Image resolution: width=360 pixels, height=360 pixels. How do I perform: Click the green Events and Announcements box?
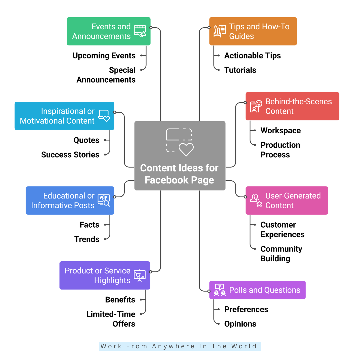108,31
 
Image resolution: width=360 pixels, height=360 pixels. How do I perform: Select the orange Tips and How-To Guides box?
253,31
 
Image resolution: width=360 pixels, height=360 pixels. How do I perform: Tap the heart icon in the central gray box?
186,150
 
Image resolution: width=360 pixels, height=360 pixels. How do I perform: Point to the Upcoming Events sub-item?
104,56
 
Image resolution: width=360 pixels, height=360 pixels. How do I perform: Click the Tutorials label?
240,70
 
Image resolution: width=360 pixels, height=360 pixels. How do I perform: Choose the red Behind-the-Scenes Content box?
292,106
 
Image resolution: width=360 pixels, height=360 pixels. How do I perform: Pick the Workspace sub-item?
281,131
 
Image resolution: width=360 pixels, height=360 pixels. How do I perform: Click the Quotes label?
86,140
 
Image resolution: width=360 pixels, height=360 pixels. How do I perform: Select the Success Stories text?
70,155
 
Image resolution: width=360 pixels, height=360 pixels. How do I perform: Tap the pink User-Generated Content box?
287,200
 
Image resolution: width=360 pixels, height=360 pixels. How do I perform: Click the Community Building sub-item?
281,254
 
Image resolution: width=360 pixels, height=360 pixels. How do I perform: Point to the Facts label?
89,225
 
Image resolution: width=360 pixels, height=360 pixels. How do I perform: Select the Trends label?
87,239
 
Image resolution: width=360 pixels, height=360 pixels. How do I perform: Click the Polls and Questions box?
257,290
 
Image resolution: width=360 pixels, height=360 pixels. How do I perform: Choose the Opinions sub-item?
240,324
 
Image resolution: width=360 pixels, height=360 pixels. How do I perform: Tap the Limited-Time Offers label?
111,319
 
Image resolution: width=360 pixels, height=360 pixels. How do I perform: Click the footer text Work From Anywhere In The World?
180,346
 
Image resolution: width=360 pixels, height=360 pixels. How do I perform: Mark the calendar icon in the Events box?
140,30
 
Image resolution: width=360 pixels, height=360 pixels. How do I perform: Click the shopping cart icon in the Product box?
139,275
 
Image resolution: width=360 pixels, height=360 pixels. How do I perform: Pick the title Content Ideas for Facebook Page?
179,174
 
